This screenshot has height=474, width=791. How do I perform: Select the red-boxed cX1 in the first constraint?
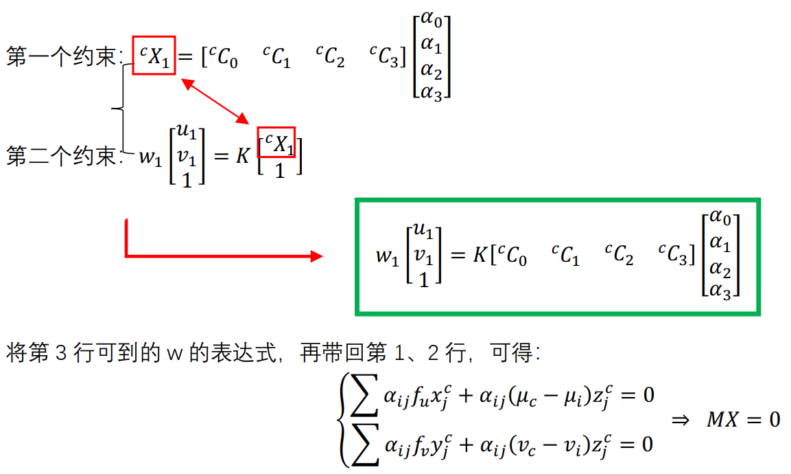(x=154, y=56)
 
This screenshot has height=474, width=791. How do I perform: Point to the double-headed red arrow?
(x=215, y=101)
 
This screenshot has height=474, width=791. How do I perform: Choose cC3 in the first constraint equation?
(x=383, y=58)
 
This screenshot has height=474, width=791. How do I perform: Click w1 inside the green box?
(x=386, y=256)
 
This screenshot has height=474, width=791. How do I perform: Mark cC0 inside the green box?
(x=512, y=256)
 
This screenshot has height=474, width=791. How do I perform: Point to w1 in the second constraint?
(x=150, y=157)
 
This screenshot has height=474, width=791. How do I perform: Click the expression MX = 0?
(x=744, y=419)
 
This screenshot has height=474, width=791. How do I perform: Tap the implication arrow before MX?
(x=680, y=420)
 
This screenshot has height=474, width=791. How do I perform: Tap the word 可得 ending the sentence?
(x=512, y=354)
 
